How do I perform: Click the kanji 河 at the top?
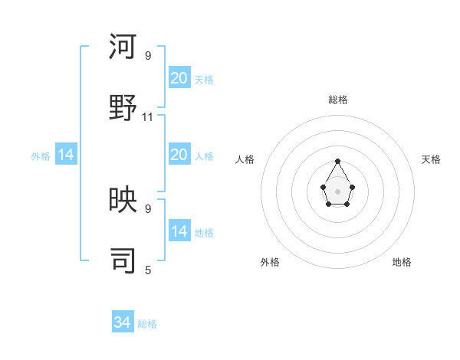click(123, 47)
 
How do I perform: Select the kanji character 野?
click(123, 106)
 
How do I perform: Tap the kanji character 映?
click(123, 200)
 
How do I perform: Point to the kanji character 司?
click(123, 260)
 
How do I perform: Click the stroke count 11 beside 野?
click(148, 116)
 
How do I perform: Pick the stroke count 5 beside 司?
click(148, 270)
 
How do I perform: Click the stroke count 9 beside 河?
click(148, 55)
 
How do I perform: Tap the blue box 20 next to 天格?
click(179, 78)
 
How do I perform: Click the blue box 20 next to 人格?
click(179, 155)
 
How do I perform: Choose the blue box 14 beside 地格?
click(179, 231)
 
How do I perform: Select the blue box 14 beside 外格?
click(66, 155)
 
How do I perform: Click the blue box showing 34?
click(123, 322)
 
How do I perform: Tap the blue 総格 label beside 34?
click(147, 324)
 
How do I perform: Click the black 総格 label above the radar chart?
click(338, 100)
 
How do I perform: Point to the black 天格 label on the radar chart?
click(431, 159)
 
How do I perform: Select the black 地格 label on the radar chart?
click(402, 262)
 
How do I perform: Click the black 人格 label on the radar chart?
click(245, 159)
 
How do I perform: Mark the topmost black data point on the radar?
click(338, 161)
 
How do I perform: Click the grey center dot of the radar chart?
click(338, 190)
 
